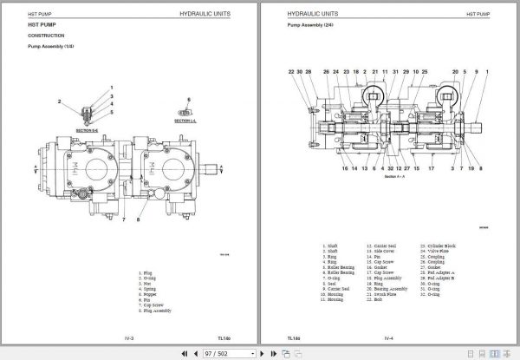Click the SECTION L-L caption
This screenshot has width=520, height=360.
tap(185, 121)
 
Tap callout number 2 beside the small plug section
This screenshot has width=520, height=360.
tap(60, 101)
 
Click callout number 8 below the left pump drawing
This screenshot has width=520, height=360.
tap(137, 221)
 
